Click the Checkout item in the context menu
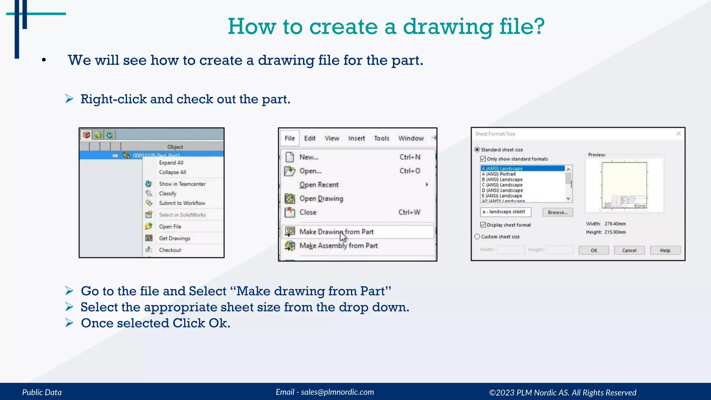click(170, 250)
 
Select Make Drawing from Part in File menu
click(336, 232)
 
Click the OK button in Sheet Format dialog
click(594, 250)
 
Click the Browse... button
click(558, 212)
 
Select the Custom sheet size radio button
click(477, 236)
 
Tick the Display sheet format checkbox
click(483, 225)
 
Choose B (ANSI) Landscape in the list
click(502, 180)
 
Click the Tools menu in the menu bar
click(381, 138)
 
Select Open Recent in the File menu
click(319, 185)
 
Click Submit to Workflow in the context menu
click(182, 203)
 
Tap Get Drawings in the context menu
click(174, 238)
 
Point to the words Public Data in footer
click(42, 392)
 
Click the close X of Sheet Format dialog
click(678, 134)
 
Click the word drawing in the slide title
click(447, 27)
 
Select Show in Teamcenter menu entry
click(182, 184)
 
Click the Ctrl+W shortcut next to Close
click(409, 212)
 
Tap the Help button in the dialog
click(665, 250)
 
